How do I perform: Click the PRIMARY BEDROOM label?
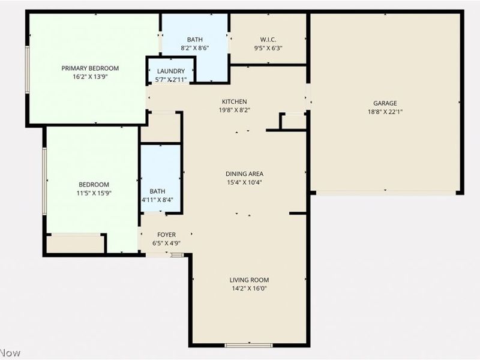(90, 68)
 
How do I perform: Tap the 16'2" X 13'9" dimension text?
(90, 76)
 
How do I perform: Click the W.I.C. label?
(268, 40)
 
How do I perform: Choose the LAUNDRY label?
(171, 71)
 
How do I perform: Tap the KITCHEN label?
(234, 101)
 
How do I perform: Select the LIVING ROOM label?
(249, 280)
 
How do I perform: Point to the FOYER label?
(166, 235)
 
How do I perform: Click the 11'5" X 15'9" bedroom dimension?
(94, 193)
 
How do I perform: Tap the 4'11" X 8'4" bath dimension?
(157, 200)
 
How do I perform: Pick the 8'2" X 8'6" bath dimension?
(194, 49)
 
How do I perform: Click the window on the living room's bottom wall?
(248, 345)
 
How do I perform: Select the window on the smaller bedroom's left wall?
(44, 181)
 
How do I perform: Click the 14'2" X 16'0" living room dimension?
(249, 288)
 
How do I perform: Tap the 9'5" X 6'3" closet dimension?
(268, 49)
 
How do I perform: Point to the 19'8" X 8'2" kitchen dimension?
(234, 110)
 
